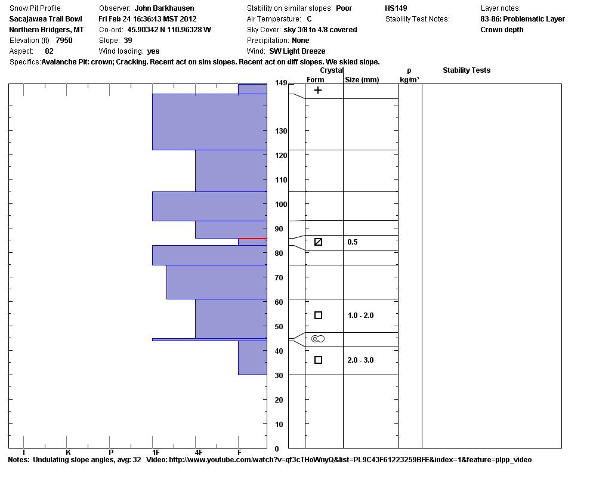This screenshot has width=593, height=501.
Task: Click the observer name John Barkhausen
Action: (x=164, y=8)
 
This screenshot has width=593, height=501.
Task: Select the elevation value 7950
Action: (x=64, y=41)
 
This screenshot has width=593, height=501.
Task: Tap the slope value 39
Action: (x=128, y=41)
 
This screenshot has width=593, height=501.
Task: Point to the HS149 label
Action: (x=396, y=8)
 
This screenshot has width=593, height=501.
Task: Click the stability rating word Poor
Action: (x=344, y=8)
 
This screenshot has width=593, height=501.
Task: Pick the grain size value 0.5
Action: (x=353, y=242)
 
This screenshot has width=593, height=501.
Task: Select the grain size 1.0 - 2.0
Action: (x=360, y=316)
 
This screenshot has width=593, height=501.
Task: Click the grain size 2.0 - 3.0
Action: (x=360, y=360)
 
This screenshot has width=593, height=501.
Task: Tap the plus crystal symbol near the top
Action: (x=318, y=90)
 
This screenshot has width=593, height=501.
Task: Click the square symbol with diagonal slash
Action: (x=318, y=242)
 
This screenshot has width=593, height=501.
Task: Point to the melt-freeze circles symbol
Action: (x=318, y=339)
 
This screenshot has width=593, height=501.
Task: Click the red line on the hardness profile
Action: (x=252, y=239)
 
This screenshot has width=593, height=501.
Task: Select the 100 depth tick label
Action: (x=282, y=205)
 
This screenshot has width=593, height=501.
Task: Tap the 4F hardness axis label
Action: (x=199, y=453)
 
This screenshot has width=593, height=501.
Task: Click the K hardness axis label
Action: (x=68, y=453)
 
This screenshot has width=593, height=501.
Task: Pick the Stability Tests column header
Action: (x=466, y=70)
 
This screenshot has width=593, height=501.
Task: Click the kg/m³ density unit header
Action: (x=409, y=79)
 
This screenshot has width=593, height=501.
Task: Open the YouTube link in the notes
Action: (x=350, y=460)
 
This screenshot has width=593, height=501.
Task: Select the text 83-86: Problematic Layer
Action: (x=522, y=19)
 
